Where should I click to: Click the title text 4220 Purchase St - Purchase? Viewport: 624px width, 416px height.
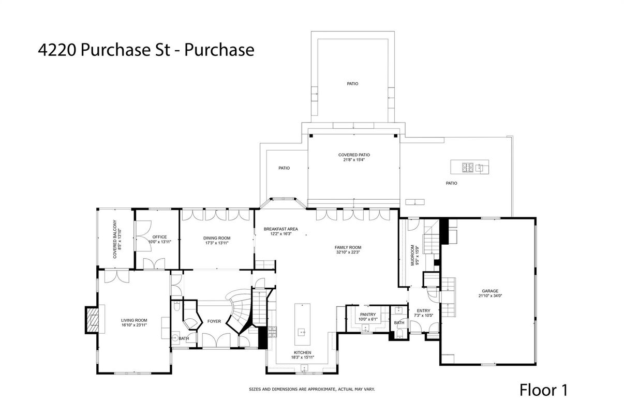pos(146,50)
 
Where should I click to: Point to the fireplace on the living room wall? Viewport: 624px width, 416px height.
pos(93,319)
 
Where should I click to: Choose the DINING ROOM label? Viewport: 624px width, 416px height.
pos(216,238)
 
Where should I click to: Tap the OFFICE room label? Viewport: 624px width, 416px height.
pos(159,237)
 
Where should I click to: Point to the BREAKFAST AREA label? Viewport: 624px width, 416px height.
pos(280,229)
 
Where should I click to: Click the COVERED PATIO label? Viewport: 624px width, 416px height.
pos(354,155)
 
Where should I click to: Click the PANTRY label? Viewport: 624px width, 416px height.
pos(368,314)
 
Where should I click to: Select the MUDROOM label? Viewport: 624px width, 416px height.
pos(412,255)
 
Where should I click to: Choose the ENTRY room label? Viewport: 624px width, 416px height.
pos(423,310)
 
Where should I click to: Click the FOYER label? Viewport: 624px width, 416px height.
pos(214,321)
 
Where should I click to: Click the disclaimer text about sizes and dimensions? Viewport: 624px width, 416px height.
pos(311,389)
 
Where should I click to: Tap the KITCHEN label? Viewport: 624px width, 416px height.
pos(302,352)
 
